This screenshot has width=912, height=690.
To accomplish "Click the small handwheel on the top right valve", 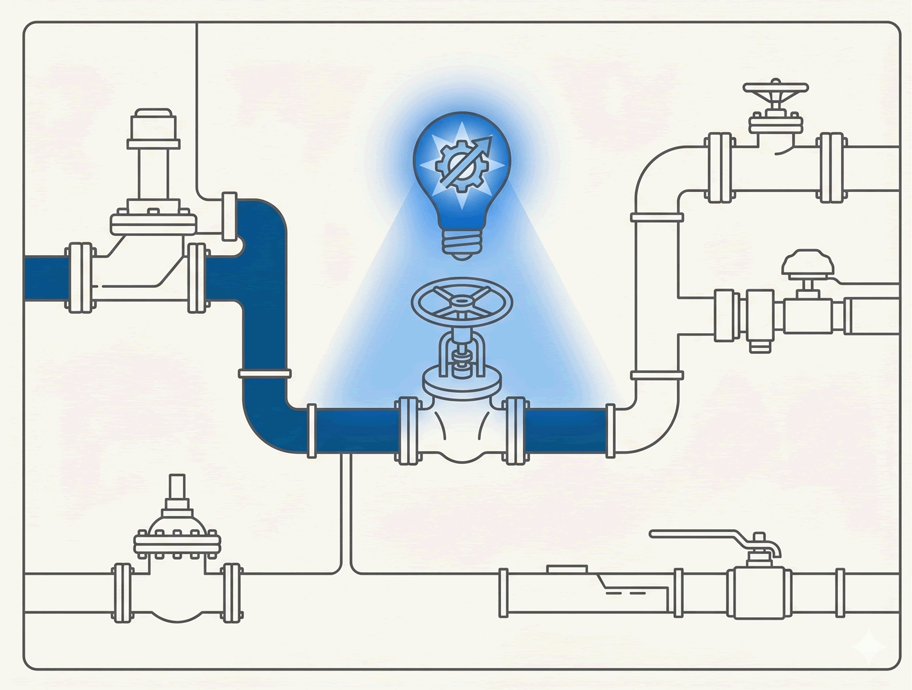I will click(775, 88).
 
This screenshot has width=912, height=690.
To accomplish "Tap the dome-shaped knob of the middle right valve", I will click(808, 263).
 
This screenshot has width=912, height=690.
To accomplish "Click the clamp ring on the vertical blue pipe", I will click(265, 373).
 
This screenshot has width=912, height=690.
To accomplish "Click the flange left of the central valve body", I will click(408, 430).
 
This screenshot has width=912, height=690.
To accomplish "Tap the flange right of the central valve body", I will click(515, 430).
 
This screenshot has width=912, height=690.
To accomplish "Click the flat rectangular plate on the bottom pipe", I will click(567, 569).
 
